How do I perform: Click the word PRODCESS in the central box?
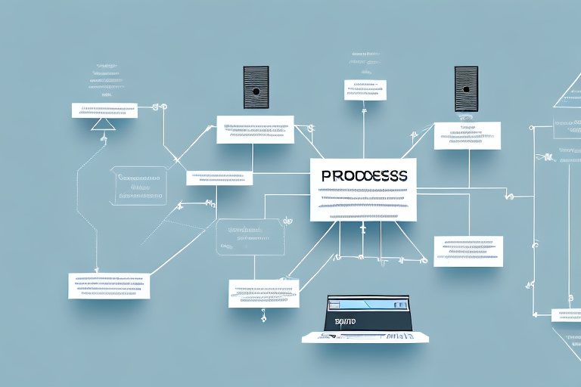coord(363,175)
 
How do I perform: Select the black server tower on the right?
coord(466,89)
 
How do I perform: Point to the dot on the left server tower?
coord(256,91)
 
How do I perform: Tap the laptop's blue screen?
coord(366,304)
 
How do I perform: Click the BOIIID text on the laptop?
coord(344,321)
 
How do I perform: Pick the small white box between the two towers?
coord(365,89)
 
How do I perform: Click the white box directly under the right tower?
coord(467,135)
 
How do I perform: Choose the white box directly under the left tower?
coord(255,129)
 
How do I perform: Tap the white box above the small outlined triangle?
coord(104,110)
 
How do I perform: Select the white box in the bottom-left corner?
coord(109,285)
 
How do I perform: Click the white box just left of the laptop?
coord(263,293)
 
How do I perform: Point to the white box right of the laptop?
coord(468,251)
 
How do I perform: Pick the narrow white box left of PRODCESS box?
coord(219,178)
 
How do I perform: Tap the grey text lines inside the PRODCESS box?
coord(362,201)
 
